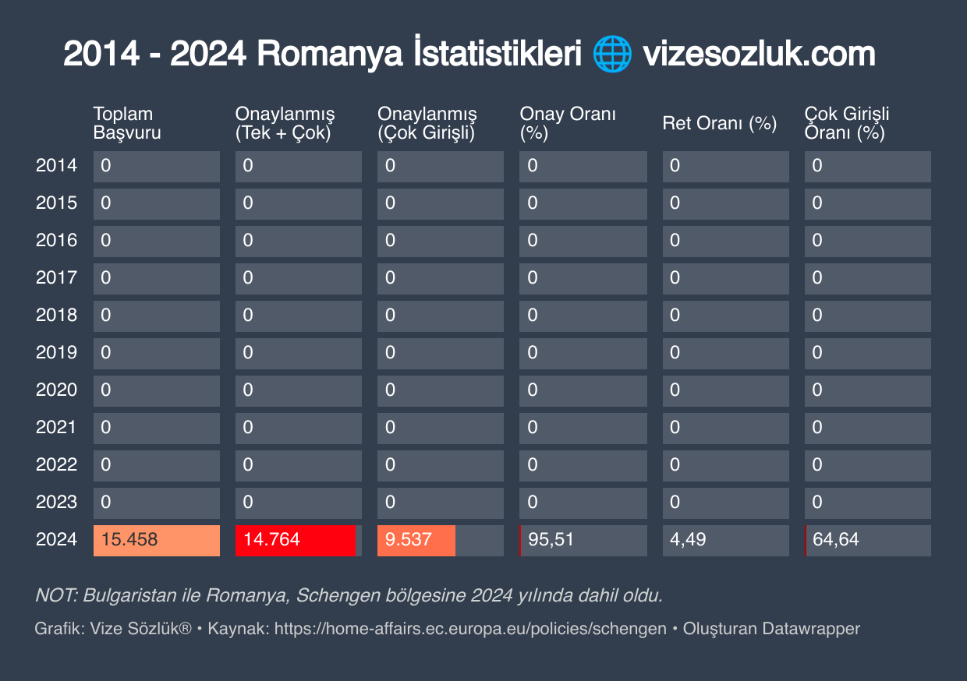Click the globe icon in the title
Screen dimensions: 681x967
[x=612, y=55]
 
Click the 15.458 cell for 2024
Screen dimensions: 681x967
[x=156, y=540]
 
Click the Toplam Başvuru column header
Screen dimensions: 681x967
[x=127, y=123]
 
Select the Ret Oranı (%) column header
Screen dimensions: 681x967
[x=720, y=123]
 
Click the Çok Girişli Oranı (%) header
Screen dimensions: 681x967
[x=847, y=123]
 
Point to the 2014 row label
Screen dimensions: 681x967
[x=56, y=166]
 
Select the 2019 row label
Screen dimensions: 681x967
[x=56, y=353]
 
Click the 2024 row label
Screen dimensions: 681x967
[x=56, y=540]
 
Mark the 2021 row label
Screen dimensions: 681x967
[x=56, y=428]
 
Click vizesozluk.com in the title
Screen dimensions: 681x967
[x=758, y=55]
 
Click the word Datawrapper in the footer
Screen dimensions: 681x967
[x=811, y=629]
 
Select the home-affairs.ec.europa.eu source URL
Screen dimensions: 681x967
[x=470, y=629]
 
